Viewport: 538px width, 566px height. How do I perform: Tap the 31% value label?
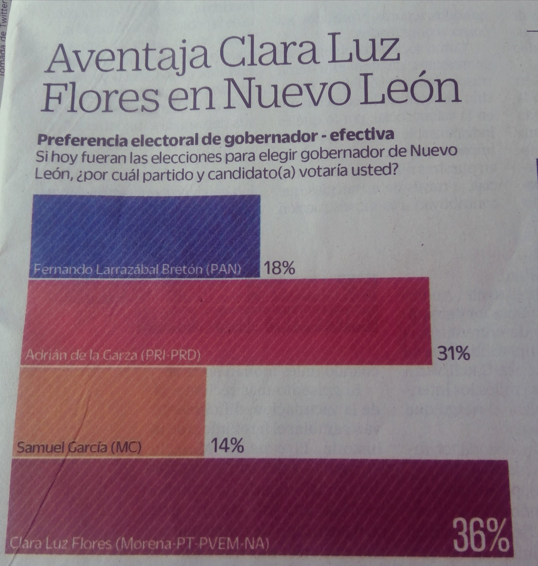tap(453, 355)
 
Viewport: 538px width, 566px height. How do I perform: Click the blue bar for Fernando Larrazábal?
tap(145, 229)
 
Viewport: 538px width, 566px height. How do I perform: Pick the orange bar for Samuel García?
tap(109, 407)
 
